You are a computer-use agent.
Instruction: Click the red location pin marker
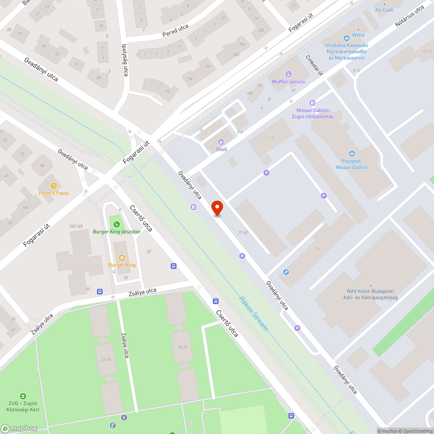pos(217,208)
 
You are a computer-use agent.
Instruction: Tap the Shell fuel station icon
pos(221,142)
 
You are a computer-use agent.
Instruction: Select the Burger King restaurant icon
pos(122,258)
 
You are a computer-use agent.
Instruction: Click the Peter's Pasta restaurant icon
pos(54,186)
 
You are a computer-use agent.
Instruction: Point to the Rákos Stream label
pos(253,313)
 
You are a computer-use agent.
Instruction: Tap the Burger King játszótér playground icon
pos(117,224)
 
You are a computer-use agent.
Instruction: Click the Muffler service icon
pos(289,74)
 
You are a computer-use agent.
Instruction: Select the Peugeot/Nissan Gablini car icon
pos(352,154)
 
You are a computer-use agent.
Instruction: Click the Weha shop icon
pos(346,38)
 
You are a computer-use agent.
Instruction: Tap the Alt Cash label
pos(384,10)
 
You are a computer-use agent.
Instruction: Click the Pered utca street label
pos(175,30)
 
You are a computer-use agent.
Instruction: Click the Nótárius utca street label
pos(409,16)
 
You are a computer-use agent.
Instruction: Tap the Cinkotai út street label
pos(314,65)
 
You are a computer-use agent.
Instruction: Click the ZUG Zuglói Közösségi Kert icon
pos(23,396)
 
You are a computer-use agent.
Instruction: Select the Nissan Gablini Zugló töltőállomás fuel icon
pos(312,103)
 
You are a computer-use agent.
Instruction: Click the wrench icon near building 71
pos(286,272)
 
